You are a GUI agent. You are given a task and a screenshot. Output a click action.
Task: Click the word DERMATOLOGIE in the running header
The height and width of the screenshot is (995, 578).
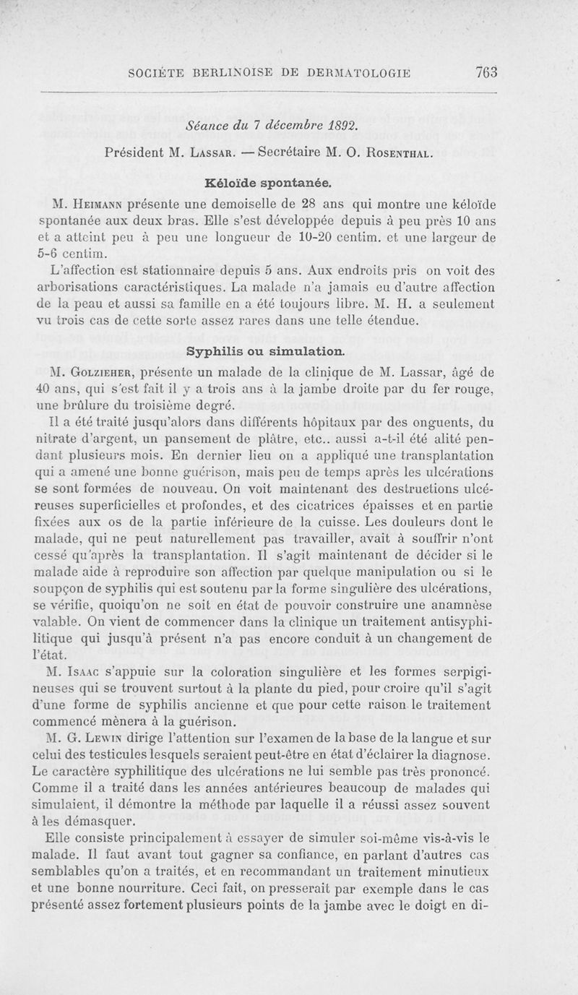[x=359, y=73]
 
